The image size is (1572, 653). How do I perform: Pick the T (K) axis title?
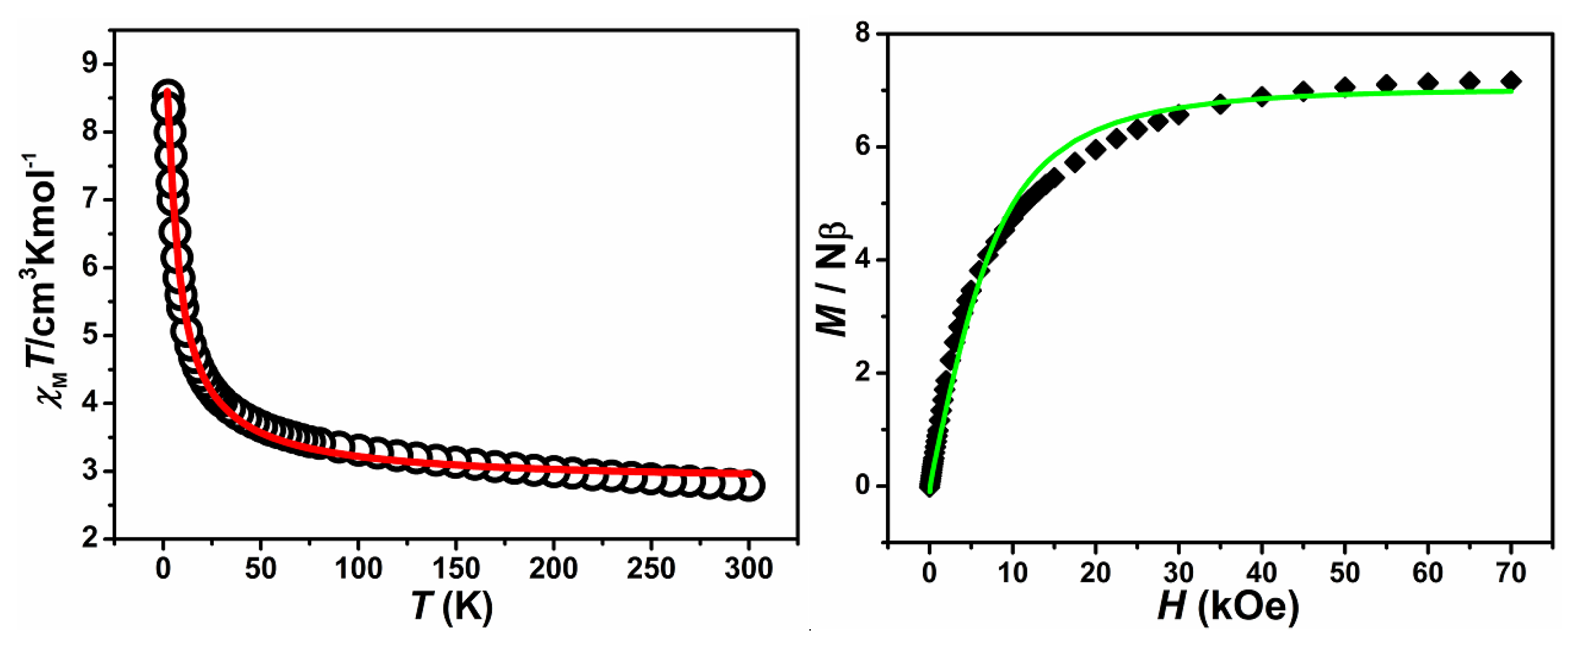click(x=451, y=607)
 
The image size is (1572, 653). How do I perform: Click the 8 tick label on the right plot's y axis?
click(x=862, y=34)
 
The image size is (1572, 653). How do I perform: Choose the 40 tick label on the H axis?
click(x=1261, y=573)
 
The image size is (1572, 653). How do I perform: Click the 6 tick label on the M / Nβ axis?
click(x=862, y=147)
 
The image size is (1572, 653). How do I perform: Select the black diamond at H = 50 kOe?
click(x=1345, y=87)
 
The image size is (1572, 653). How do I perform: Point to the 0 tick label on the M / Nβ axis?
click(x=862, y=486)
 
